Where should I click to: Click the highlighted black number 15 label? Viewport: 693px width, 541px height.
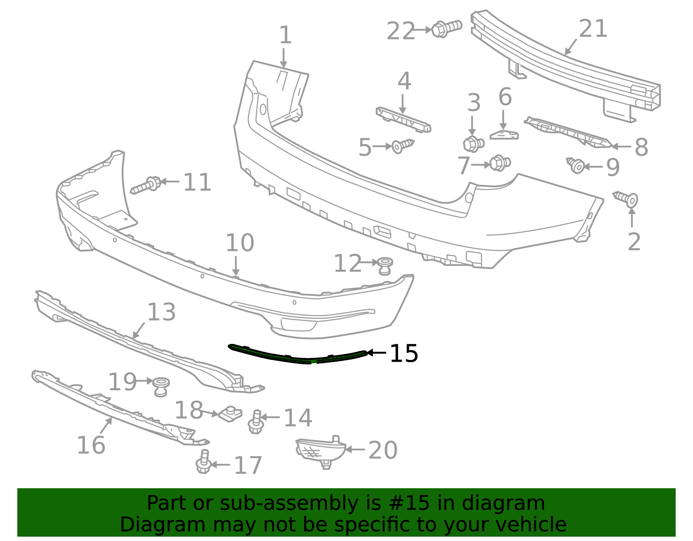point(404,353)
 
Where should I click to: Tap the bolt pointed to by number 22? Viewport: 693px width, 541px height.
point(446,28)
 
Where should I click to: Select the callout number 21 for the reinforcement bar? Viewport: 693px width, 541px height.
point(593,29)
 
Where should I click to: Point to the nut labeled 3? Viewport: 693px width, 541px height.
point(473,143)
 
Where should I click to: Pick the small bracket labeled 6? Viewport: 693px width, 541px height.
point(504,135)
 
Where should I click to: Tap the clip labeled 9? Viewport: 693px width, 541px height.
point(576,165)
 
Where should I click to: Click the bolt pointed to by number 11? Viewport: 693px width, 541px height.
point(146,185)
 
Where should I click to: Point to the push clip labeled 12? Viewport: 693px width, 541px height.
point(385,265)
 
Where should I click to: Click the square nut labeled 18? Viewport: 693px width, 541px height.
point(230,414)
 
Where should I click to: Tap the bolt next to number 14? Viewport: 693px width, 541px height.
point(256,422)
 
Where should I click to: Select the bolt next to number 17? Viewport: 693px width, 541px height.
point(204,462)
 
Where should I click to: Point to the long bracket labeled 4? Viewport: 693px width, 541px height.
point(403,120)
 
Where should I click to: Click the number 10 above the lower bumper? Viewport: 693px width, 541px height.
point(240,243)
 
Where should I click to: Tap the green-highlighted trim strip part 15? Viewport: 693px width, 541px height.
point(299,357)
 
